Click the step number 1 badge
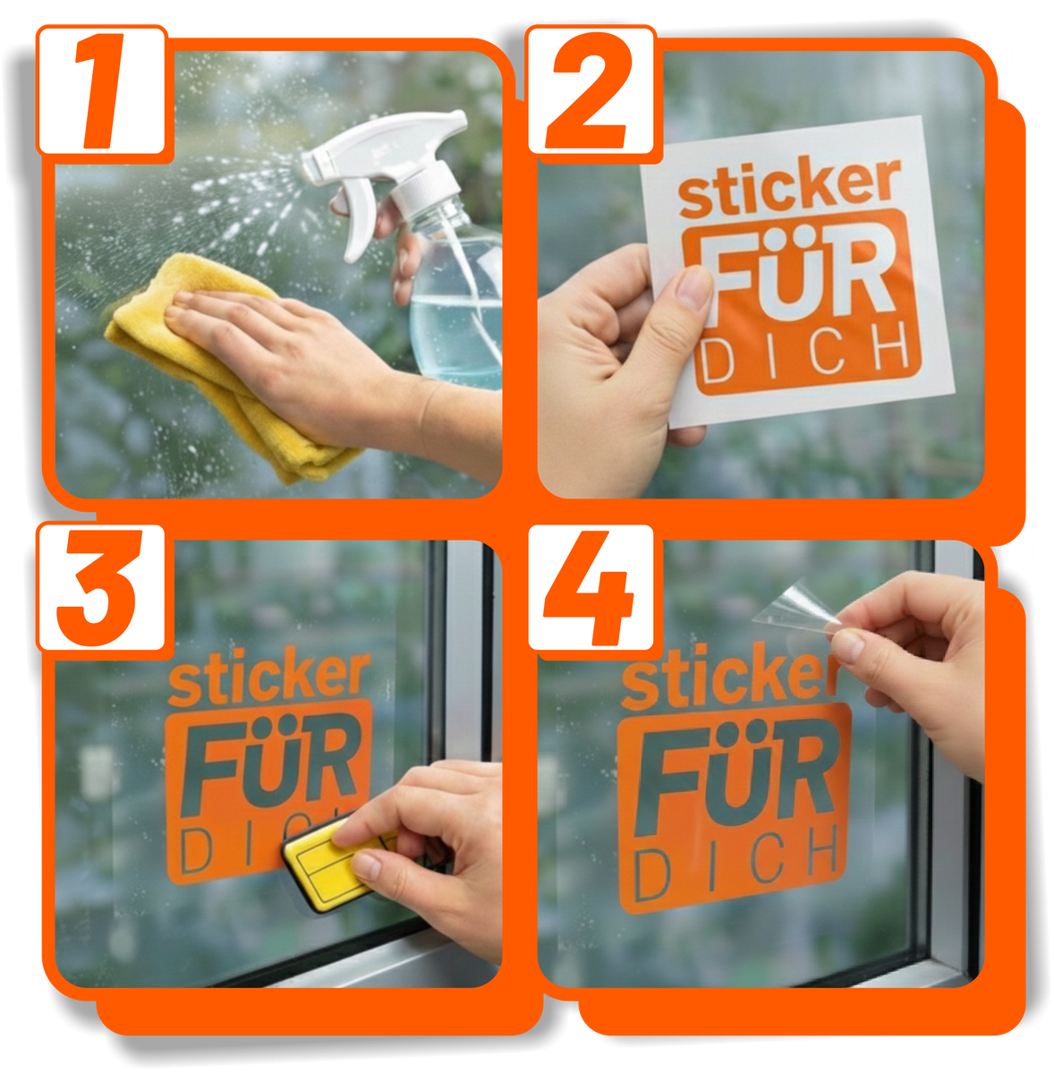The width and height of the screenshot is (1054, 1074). pos(101,92)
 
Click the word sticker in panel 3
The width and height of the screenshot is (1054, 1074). pos(268,680)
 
